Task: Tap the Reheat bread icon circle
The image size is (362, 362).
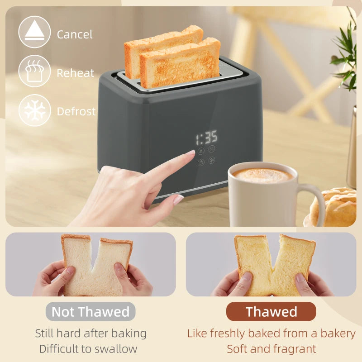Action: click(34, 71)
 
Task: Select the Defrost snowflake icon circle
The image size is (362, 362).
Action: click(34, 110)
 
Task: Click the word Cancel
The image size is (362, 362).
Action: click(75, 34)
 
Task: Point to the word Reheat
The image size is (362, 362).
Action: click(76, 73)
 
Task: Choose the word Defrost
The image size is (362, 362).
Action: click(76, 111)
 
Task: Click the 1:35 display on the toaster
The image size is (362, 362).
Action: click(206, 137)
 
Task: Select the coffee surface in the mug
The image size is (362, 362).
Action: click(263, 175)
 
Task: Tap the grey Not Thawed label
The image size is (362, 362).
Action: click(90, 312)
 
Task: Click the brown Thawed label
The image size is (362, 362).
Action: click(271, 312)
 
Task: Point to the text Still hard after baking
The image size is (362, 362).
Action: click(91, 333)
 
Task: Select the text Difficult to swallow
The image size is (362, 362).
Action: click(88, 349)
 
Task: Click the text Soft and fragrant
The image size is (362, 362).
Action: click(271, 349)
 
